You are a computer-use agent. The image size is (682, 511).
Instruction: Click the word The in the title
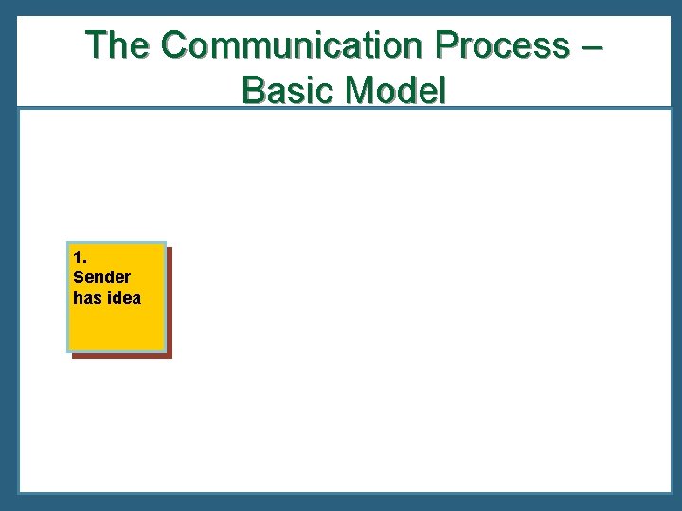coord(118,45)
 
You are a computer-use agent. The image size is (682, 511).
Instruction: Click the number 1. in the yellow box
coord(79,257)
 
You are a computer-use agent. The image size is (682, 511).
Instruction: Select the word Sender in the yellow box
coord(101,277)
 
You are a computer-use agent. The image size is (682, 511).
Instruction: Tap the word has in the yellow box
coord(86,298)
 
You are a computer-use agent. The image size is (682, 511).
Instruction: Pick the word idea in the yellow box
coord(123,298)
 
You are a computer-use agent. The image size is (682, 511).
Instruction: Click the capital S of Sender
coord(78,277)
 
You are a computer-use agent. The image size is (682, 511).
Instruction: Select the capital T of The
coord(97,45)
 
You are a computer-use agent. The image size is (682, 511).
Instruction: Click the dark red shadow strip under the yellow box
coord(123,355)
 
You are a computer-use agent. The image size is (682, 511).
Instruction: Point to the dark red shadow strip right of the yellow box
coord(170,303)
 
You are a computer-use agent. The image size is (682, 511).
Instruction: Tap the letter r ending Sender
coord(128,278)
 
